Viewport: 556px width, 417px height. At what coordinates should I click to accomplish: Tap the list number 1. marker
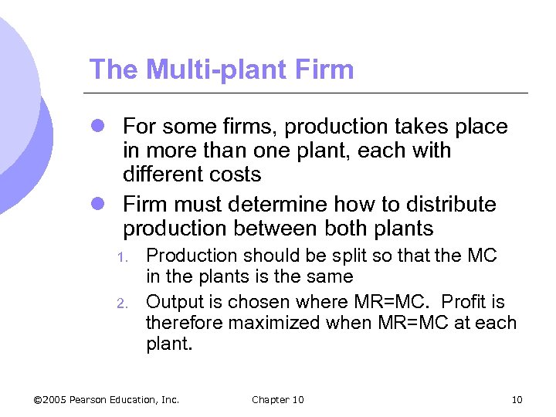122,256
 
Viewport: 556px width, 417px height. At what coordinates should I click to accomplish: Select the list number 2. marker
122,303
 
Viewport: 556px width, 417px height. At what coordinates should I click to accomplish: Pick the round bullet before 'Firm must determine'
98,205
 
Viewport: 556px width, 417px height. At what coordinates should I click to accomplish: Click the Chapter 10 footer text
278,399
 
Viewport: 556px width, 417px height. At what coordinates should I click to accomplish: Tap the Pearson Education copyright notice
107,399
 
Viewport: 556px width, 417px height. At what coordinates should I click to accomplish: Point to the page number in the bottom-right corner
517,399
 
